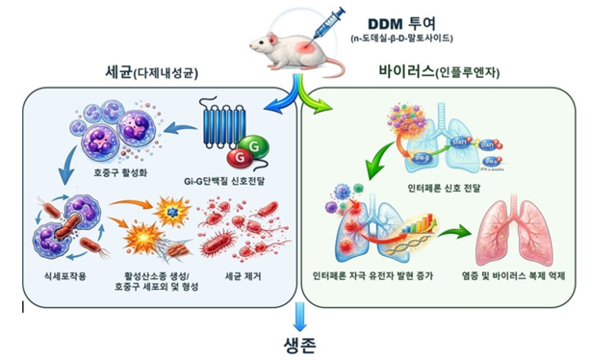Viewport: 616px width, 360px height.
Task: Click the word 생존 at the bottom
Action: (300, 344)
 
